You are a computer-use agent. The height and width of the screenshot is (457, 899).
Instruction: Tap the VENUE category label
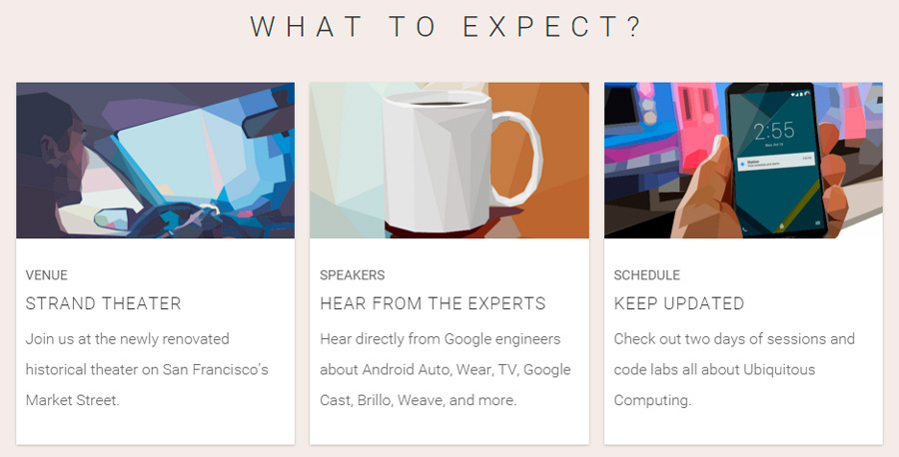pos(47,275)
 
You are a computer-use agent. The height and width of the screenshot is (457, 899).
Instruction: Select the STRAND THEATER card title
pos(103,303)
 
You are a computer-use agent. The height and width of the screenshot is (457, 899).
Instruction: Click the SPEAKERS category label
pos(352,275)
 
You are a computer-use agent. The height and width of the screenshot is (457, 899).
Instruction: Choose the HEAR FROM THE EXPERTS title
pos(433,303)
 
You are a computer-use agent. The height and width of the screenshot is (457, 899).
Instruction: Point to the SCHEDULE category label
pos(646,275)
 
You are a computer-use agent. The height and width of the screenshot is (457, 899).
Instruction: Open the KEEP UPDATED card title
pos(679,303)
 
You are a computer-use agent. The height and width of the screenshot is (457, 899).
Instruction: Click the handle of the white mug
pos(520,160)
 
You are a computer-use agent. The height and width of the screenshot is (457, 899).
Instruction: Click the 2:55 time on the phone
pos(773,131)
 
